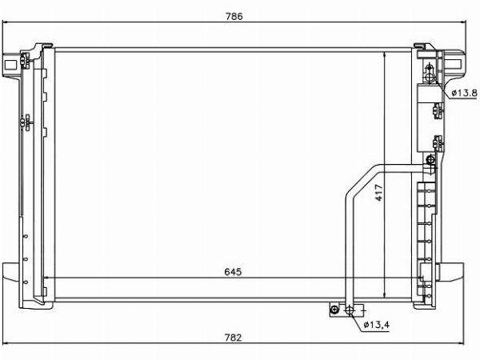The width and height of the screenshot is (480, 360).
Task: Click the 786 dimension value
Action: (234, 16)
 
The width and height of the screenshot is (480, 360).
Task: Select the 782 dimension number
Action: (234, 338)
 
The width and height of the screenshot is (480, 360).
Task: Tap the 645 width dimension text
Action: (233, 271)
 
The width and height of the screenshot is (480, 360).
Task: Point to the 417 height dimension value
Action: (379, 193)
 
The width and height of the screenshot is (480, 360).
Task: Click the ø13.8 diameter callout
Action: (464, 92)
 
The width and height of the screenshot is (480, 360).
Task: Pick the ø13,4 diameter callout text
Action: (377, 325)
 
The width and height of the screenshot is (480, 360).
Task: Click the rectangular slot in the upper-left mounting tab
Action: (10, 65)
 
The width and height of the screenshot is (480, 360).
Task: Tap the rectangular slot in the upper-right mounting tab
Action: (455, 65)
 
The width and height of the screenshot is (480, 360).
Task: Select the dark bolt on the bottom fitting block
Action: (334, 310)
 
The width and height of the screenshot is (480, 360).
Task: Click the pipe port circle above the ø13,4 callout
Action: (350, 310)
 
